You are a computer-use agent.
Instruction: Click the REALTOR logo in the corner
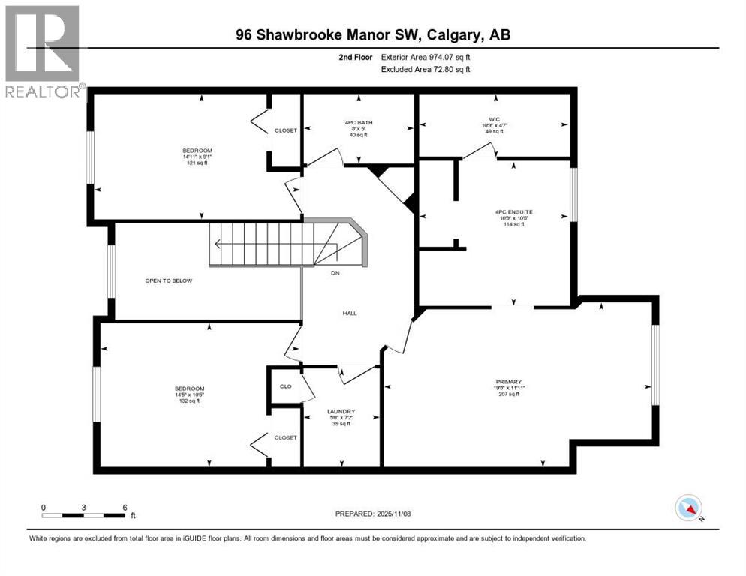43,50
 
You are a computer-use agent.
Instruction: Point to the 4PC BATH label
359,122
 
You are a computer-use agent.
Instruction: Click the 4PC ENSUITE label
513,212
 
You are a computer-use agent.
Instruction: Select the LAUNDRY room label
341,411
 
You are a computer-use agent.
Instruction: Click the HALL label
350,313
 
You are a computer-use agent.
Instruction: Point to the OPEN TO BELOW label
169,280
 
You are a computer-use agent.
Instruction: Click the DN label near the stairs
335,273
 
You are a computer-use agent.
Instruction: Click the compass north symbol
688,508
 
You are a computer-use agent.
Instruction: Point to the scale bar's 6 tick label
125,507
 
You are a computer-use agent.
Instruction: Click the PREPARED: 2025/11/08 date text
374,514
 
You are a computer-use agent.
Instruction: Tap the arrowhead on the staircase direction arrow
216,243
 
